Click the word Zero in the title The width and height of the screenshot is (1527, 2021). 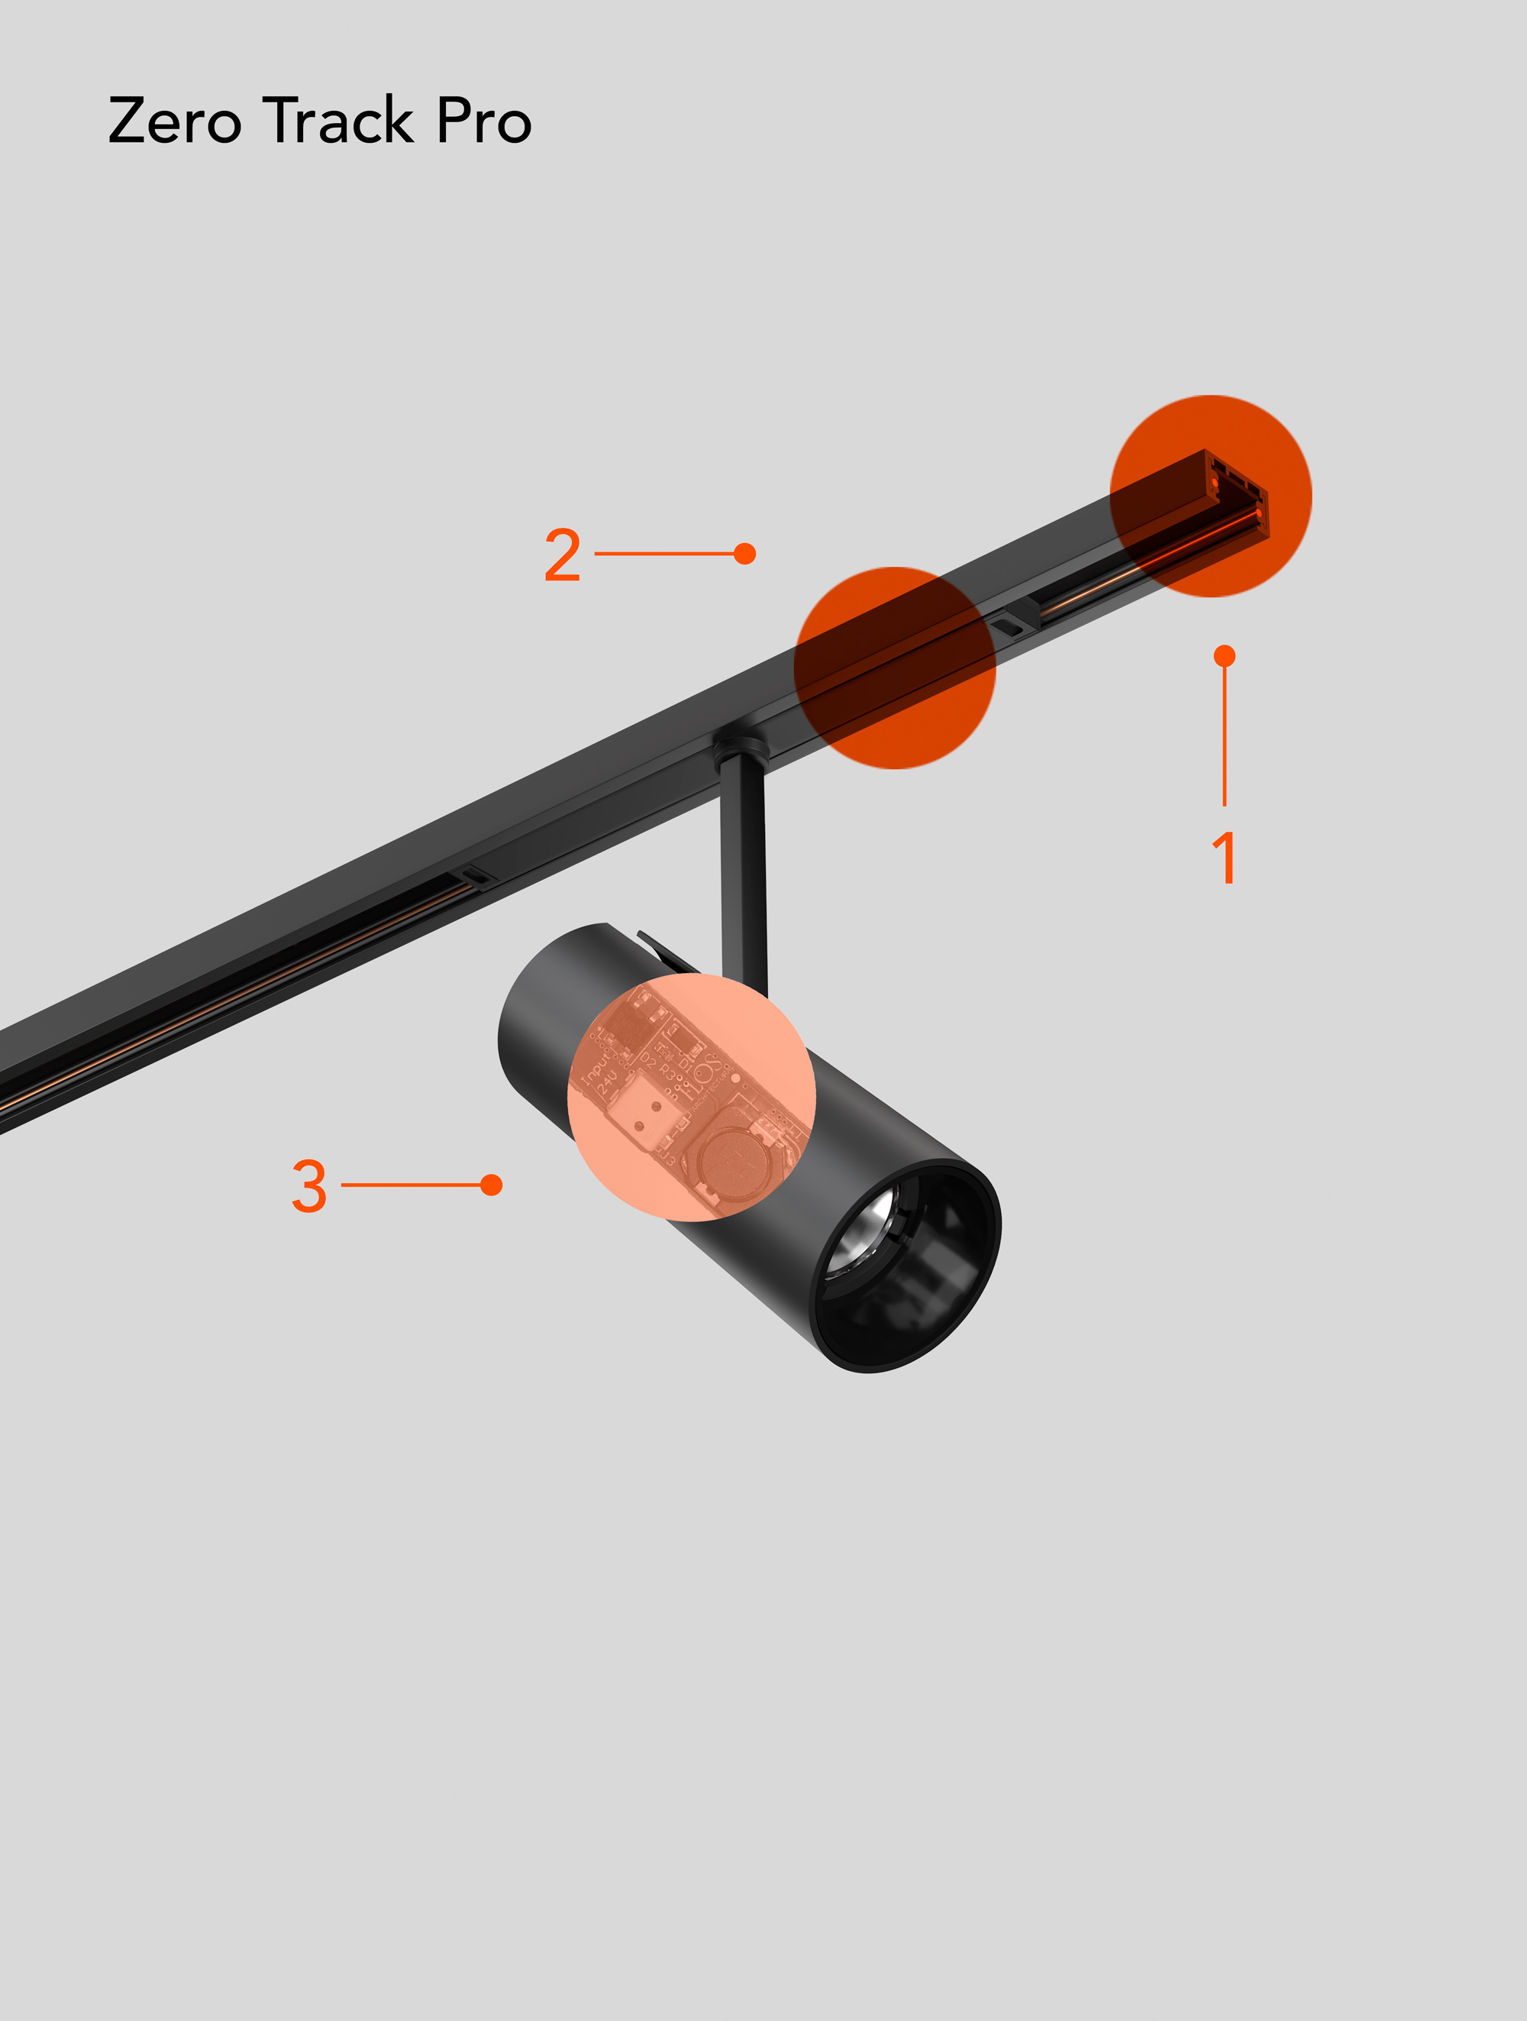pos(174,121)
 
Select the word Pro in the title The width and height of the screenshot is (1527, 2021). pos(484,121)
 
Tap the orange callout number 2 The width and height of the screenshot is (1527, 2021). pos(563,555)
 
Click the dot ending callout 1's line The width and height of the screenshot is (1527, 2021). pos(1225,656)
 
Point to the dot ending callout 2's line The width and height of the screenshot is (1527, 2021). pos(745,554)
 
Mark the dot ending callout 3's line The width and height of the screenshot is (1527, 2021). pos(492,1185)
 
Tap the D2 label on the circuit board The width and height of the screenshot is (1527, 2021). pos(647,1060)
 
